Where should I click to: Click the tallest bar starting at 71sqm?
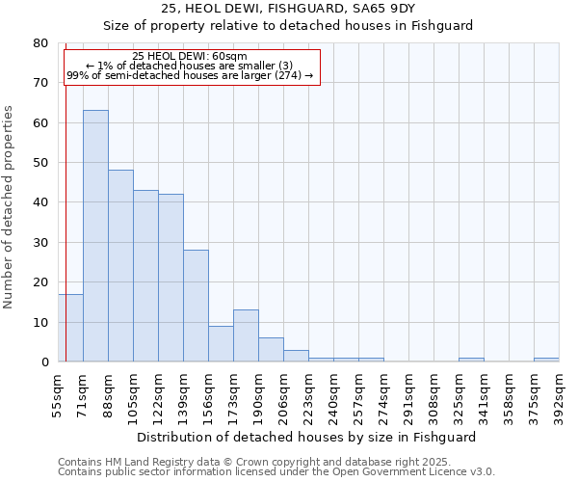(95, 236)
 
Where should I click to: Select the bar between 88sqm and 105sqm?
(120, 266)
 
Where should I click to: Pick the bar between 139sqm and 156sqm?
(196, 306)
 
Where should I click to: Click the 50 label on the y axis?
(39, 163)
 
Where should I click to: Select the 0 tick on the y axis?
(44, 362)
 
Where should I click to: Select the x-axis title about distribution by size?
(306, 437)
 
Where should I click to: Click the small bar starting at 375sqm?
(546, 360)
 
